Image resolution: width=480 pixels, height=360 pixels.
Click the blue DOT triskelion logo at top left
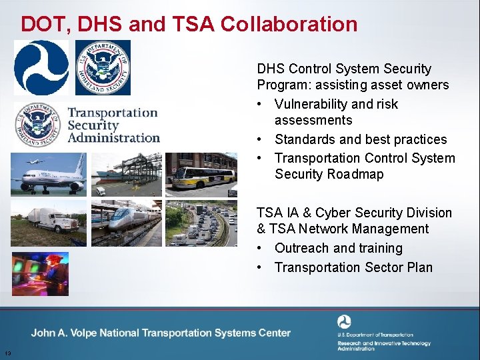(41, 67)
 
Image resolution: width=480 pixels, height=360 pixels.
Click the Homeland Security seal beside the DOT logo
(103, 67)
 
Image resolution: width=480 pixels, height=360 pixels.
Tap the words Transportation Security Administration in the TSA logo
(113, 125)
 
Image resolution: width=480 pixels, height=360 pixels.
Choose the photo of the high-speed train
(126, 223)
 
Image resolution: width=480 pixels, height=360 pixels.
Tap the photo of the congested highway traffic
(201, 223)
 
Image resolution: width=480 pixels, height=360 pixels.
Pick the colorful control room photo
(40, 273)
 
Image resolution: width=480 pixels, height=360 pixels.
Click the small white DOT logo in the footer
(344, 322)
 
